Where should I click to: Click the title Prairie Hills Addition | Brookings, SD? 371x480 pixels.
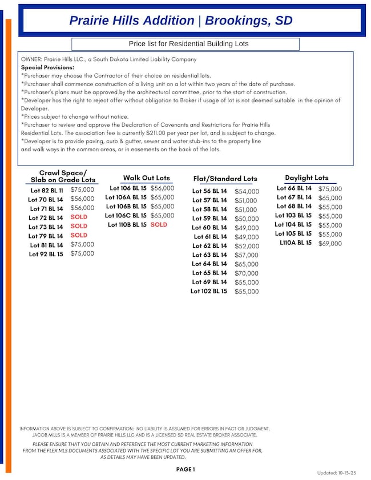pos(181,21)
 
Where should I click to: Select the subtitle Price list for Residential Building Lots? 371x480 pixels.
pos(189,44)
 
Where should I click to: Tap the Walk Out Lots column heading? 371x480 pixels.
pos(146,178)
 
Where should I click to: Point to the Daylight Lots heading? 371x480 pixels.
pos(307,178)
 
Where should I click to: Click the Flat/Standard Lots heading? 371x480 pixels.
pos(225,179)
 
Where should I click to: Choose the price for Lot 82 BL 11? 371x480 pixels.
pos(82,189)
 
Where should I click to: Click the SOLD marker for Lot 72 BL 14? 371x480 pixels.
pos(79,217)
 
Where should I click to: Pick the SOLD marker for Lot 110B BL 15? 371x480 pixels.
pos(159,225)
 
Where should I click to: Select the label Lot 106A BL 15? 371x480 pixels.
pos(126,197)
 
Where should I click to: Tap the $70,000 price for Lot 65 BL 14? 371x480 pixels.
pos(247,273)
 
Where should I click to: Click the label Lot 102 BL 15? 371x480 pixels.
pos(208,291)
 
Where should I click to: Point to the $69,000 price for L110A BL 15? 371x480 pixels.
pos(330,244)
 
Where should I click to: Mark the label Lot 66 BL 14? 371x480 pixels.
pos(294,188)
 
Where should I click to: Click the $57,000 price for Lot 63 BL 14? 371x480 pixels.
pos(247,255)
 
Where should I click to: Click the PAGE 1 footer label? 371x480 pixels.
pos(185,469)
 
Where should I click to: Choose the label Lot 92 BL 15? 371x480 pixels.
pos(46,254)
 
